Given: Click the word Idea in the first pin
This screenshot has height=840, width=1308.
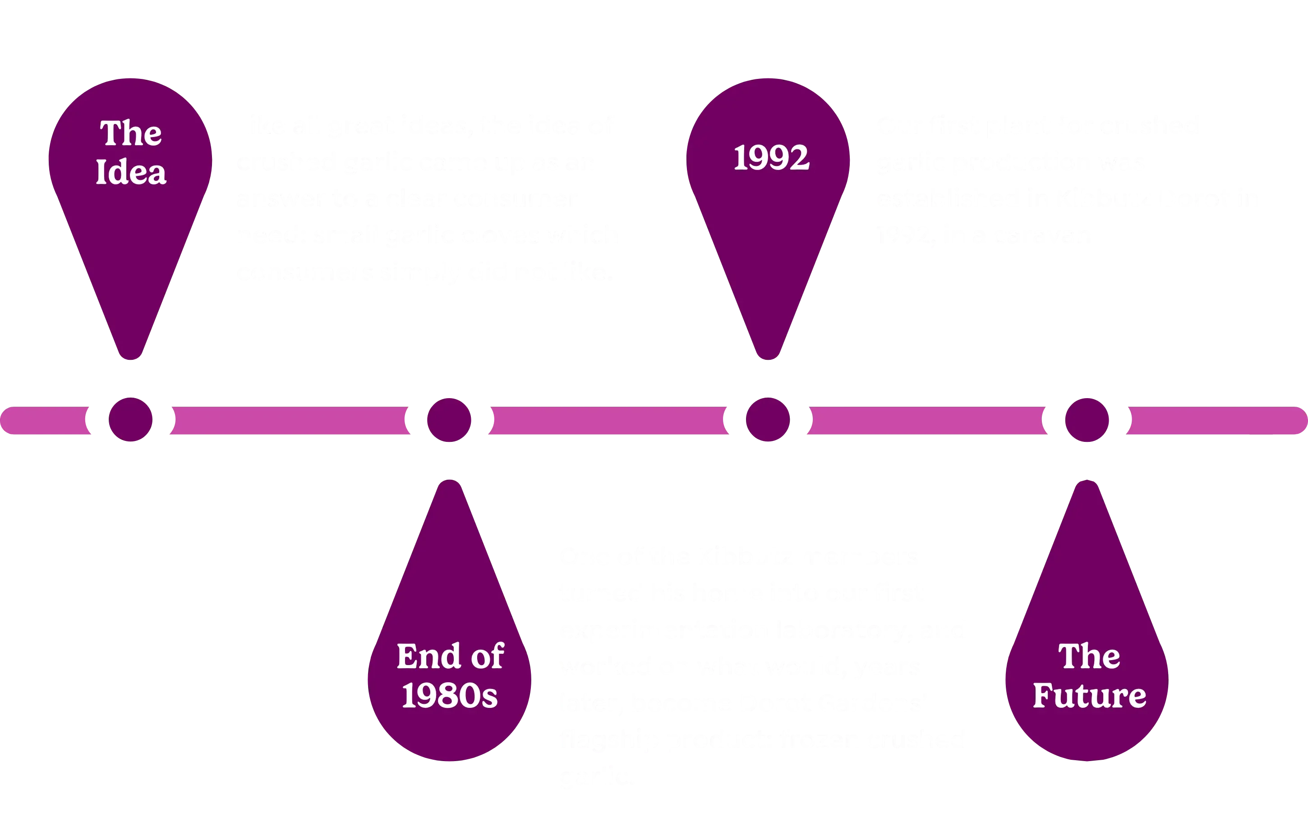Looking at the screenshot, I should pyautogui.click(x=131, y=172).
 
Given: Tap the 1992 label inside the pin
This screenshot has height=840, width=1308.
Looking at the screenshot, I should pyautogui.click(x=771, y=158).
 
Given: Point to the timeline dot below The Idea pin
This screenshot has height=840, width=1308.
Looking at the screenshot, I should pyautogui.click(x=131, y=419).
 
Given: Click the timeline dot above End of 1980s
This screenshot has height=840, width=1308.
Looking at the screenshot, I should pyautogui.click(x=449, y=419).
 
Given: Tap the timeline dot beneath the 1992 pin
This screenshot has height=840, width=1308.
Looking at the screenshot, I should pyautogui.click(x=768, y=419).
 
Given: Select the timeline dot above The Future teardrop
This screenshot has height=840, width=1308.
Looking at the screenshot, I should pyautogui.click(x=1087, y=419).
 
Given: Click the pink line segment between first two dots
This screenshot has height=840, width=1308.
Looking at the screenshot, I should pyautogui.click(x=289, y=419).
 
